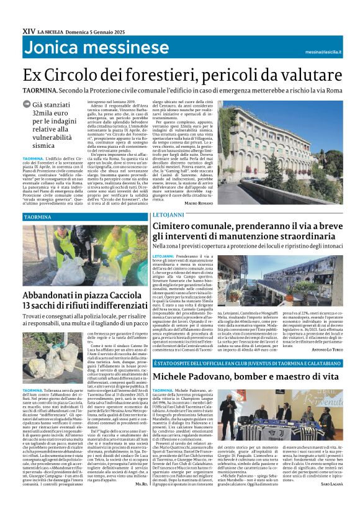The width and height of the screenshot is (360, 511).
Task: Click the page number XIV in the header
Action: point(29,30)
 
